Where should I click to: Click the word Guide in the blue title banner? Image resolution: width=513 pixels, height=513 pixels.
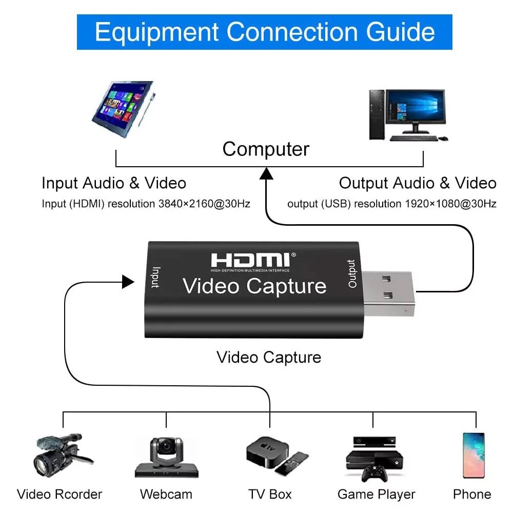click(x=401, y=32)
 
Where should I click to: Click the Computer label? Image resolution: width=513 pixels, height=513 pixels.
click(x=266, y=149)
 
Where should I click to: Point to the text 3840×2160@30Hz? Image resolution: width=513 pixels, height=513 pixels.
click(x=205, y=204)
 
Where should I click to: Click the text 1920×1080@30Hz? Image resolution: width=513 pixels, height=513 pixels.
click(x=450, y=204)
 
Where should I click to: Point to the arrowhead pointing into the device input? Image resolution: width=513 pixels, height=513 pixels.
click(x=128, y=281)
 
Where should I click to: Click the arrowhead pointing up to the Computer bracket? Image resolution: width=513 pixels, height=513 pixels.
click(x=266, y=174)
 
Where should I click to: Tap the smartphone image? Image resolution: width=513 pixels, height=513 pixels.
click(x=473, y=455)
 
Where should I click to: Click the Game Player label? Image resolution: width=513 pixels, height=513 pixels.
click(x=376, y=495)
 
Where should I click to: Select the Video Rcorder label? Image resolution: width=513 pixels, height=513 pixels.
click(x=60, y=495)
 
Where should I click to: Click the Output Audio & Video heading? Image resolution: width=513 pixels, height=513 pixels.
click(x=418, y=183)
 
